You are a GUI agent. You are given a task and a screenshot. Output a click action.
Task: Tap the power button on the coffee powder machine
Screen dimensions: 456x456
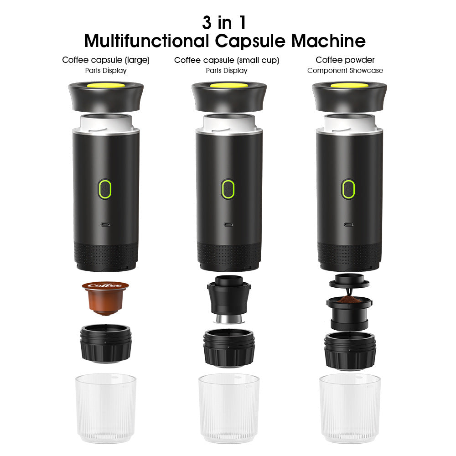pos(348,188)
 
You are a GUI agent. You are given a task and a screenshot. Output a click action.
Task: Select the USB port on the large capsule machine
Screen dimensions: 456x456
pos(105,224)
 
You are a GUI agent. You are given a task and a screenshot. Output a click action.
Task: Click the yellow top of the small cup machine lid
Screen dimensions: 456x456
pos(228,85)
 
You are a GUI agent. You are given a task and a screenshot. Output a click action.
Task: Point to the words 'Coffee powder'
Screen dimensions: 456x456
pos(345,60)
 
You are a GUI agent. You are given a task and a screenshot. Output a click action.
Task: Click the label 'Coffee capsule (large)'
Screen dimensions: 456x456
pos(106,60)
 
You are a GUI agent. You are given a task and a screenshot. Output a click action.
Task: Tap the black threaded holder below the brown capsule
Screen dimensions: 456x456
pos(106,343)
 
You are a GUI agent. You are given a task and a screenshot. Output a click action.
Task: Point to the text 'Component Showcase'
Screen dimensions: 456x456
pos(345,71)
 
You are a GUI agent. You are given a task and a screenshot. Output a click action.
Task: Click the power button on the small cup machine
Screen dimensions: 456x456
pos(228,188)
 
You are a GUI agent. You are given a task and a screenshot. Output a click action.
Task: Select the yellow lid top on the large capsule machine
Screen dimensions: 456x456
pos(106,85)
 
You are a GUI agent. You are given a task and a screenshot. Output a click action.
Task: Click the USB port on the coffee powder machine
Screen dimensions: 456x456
pos(349,224)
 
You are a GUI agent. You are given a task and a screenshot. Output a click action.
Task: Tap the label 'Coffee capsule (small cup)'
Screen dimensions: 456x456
pos(227,60)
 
